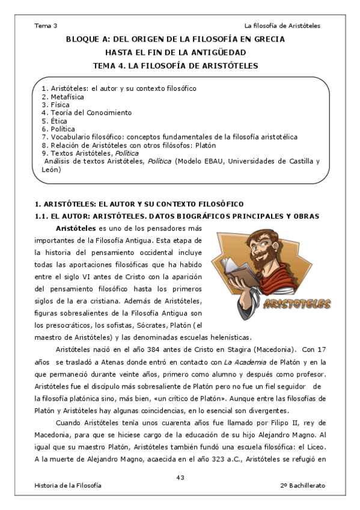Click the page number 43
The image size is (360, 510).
click(180, 478)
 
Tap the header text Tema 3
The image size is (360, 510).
click(46, 26)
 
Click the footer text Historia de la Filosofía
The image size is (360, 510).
click(68, 485)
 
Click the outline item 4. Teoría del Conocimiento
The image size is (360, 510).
click(87, 112)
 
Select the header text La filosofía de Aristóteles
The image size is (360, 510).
click(282, 26)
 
